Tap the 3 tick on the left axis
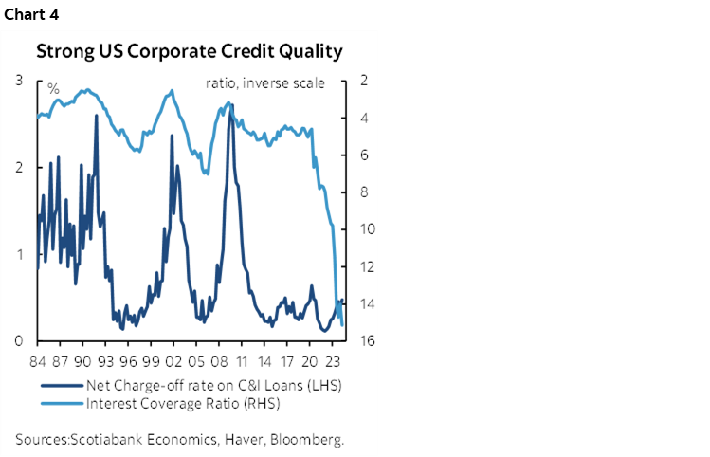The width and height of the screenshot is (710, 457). (19, 82)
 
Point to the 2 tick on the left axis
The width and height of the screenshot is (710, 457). (19, 168)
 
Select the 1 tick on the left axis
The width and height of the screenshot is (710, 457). (19, 254)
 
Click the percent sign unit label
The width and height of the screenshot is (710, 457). (53, 88)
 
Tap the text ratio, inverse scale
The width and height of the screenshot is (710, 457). (264, 83)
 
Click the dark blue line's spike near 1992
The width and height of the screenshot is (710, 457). (97, 116)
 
